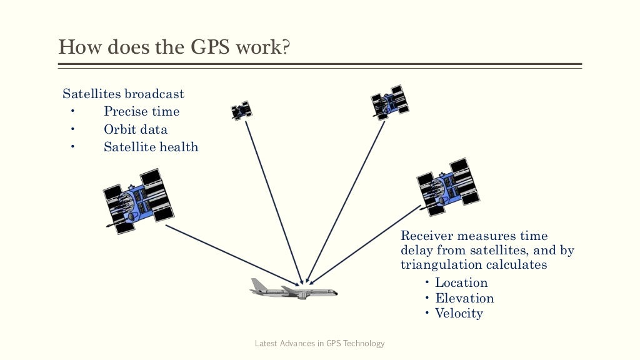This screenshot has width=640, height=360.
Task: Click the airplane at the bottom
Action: coord(293,289)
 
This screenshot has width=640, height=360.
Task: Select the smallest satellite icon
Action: coord(241,111)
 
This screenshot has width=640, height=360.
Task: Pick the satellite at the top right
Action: coord(390,102)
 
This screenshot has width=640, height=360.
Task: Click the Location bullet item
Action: coord(461,282)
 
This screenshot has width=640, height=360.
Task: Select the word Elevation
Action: coord(464,298)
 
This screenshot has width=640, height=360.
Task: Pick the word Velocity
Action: coord(459,314)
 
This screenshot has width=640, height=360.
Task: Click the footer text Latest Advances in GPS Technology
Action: coord(320,343)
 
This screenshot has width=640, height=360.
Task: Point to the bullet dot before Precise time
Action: coord(73,112)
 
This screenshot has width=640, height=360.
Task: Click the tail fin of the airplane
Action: coord(257,284)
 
